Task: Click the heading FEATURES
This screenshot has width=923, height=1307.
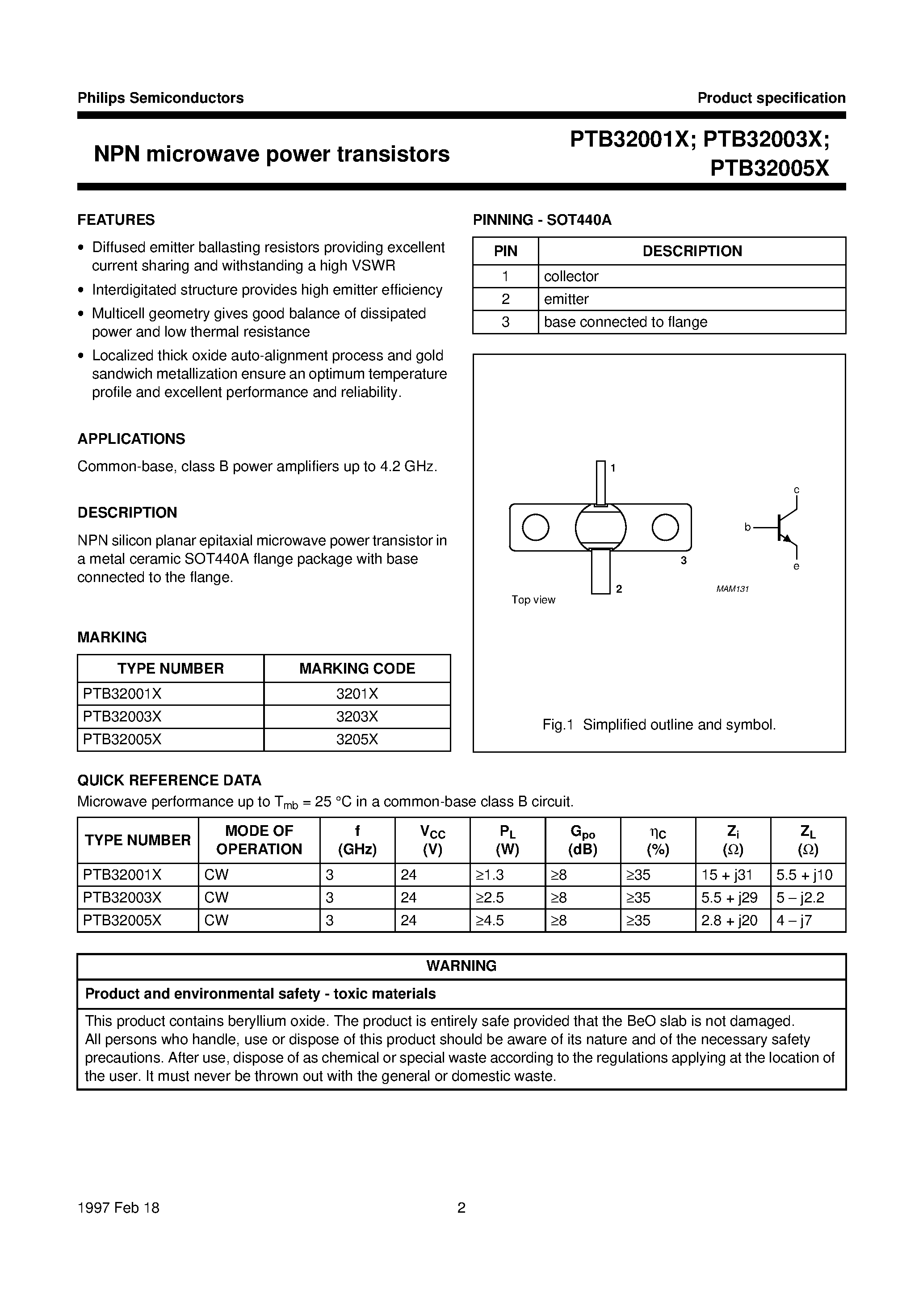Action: point(116,220)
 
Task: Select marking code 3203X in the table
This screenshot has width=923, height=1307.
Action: point(357,716)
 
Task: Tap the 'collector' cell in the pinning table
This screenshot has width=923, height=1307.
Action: point(571,276)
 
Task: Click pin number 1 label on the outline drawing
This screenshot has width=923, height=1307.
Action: point(613,468)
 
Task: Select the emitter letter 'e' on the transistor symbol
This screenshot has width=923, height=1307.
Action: point(796,566)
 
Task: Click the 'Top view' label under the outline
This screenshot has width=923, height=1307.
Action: point(533,600)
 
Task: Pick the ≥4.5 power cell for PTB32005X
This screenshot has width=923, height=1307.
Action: point(490,920)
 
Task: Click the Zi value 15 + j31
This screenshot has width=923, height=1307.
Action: point(727,875)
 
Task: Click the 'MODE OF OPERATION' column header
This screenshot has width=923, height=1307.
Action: point(259,840)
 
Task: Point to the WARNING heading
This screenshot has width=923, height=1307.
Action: point(461,966)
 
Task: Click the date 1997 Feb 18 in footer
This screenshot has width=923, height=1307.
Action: point(118,1208)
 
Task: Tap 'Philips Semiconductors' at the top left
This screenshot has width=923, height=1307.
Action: point(160,98)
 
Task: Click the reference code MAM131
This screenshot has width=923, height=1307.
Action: point(732,589)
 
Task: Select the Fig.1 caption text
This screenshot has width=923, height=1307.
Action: point(659,725)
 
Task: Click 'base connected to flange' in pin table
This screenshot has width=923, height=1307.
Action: point(625,322)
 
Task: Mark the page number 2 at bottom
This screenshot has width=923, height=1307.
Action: point(461,1208)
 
